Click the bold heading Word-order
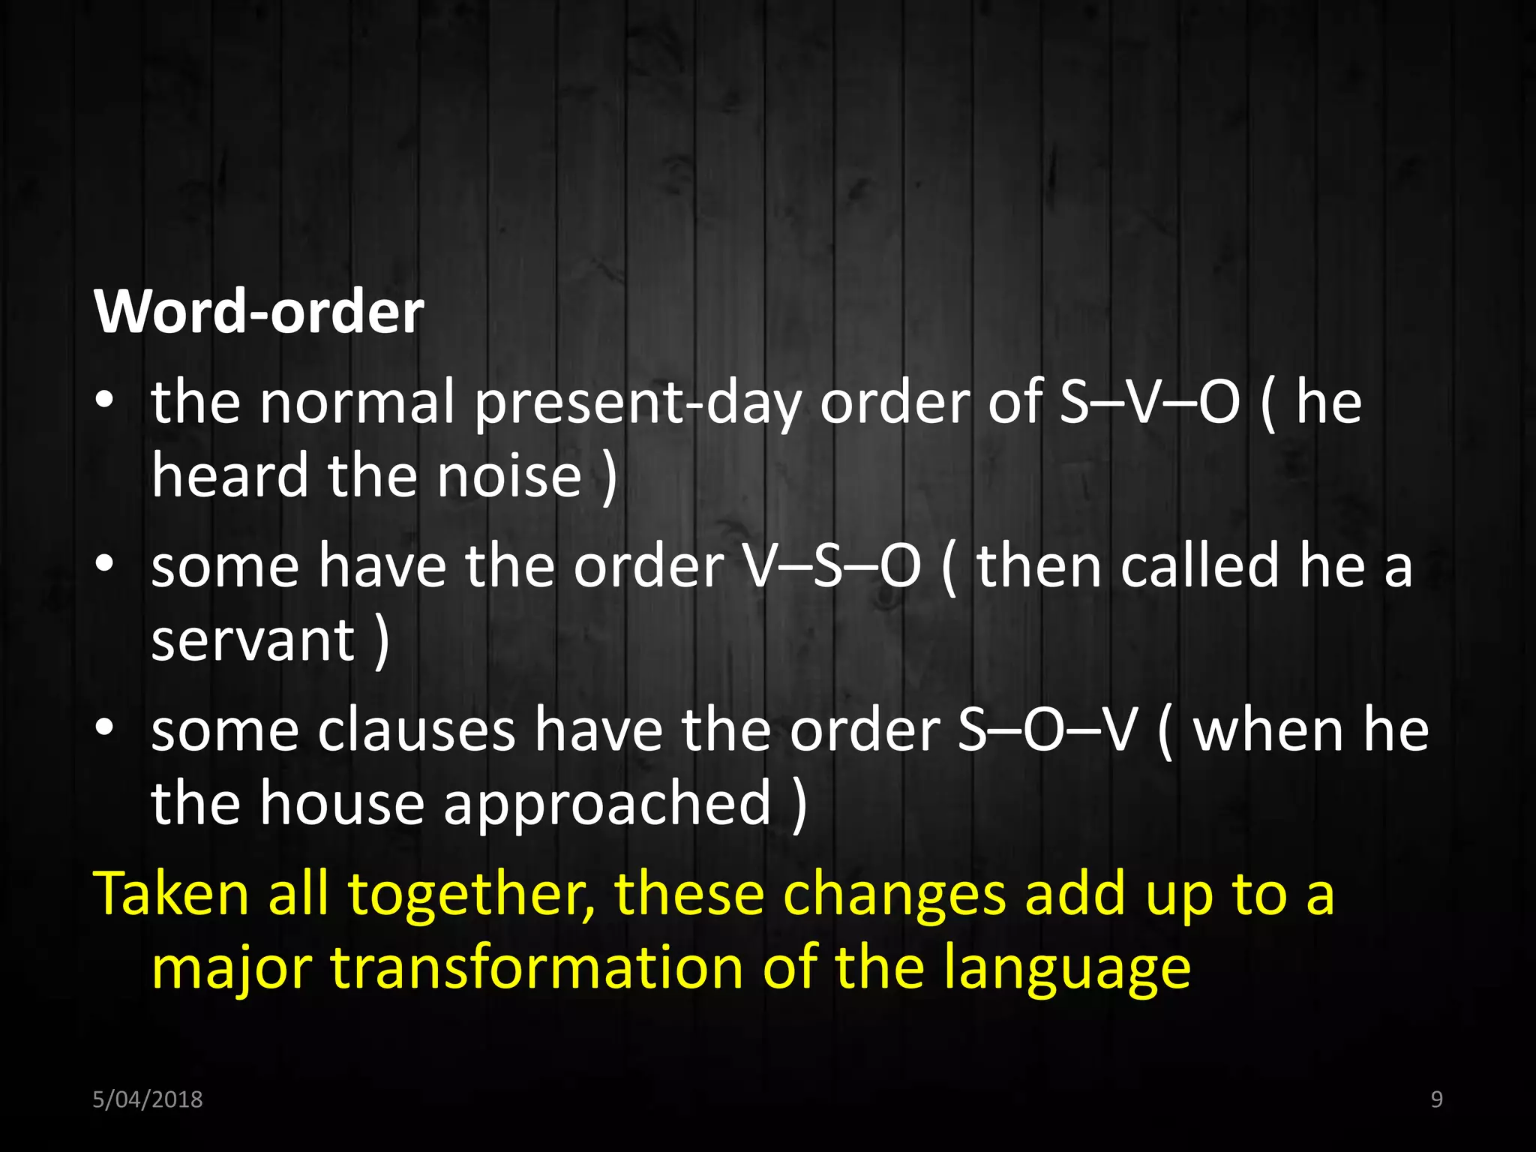pyautogui.click(x=259, y=311)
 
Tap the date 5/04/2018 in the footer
pyautogui.click(x=147, y=1099)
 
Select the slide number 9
pyautogui.click(x=1436, y=1099)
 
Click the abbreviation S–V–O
pyautogui.click(x=1149, y=403)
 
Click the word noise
pyautogui.click(x=509, y=476)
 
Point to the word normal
pyautogui.click(x=358, y=403)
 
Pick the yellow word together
pyautogui.click(x=471, y=895)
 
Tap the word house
pyautogui.click(x=343, y=803)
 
